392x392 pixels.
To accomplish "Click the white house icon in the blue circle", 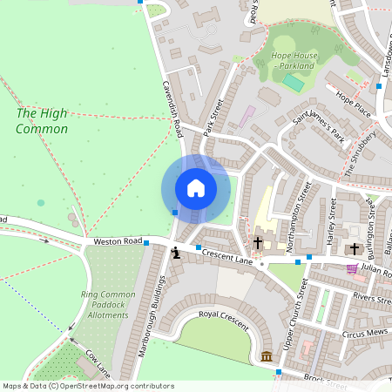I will (196, 187).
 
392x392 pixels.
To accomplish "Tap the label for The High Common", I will (41, 121).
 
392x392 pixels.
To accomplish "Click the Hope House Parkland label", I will (292, 61).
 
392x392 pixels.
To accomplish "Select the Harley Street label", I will (331, 220).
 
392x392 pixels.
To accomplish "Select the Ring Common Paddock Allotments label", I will (108, 305).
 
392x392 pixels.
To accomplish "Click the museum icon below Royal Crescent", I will (266, 356).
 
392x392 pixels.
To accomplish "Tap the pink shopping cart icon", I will (352, 268).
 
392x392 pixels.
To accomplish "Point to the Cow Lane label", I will (97, 361).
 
